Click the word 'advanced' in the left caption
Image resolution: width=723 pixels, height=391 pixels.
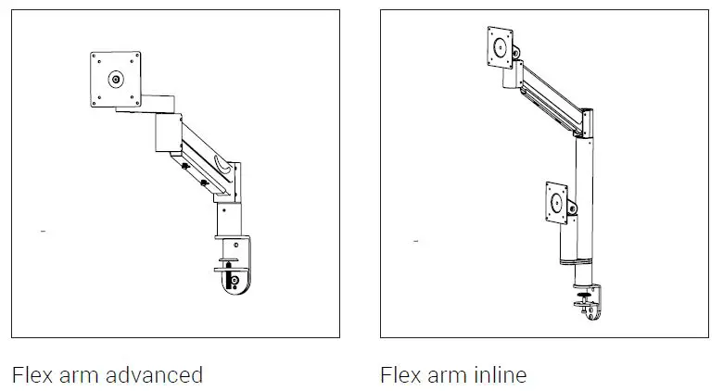pyautogui.click(x=155, y=374)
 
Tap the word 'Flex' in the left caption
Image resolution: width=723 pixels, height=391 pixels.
pyautogui.click(x=31, y=374)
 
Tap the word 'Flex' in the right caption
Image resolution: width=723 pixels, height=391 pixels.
pyautogui.click(x=400, y=374)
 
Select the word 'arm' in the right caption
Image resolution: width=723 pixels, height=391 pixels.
pyautogui.click(x=450, y=374)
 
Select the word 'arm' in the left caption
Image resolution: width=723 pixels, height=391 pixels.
pyautogui.click(x=81, y=374)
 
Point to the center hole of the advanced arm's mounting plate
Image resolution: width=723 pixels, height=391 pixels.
pyautogui.click(x=116, y=80)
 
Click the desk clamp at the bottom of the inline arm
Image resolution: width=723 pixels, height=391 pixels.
pyautogui.click(x=586, y=301)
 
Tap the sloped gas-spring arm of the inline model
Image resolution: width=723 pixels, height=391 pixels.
pyautogui.click(x=552, y=93)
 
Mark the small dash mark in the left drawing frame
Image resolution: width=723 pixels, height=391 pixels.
pyautogui.click(x=43, y=228)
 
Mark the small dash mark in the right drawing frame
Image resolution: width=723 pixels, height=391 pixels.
pyautogui.click(x=414, y=241)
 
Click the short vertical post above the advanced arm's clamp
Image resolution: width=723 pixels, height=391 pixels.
pyautogui.click(x=229, y=221)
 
